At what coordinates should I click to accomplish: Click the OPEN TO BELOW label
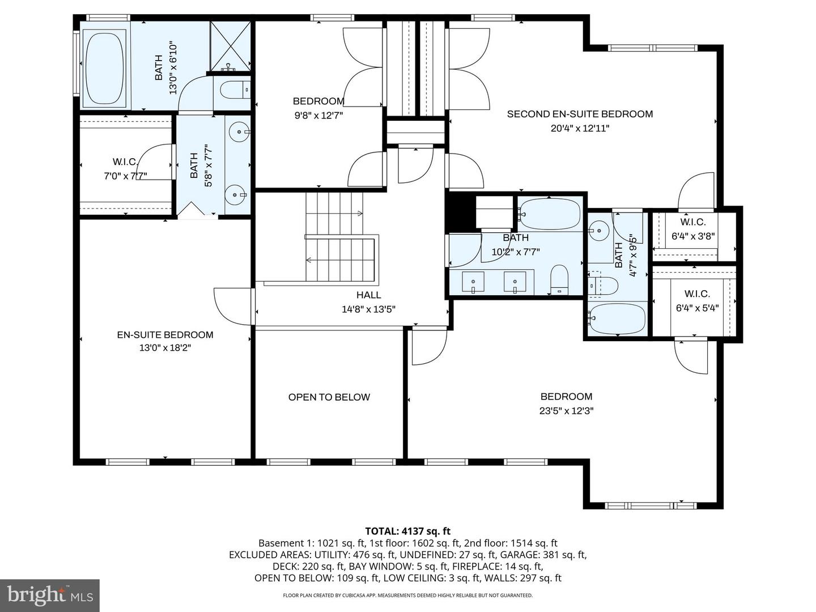click(329, 397)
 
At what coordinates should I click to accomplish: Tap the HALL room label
click(368, 295)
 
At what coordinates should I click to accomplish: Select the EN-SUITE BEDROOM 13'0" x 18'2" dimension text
click(165, 348)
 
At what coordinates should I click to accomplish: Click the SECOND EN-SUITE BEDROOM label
click(580, 114)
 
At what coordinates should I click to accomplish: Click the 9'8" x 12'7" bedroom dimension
click(318, 115)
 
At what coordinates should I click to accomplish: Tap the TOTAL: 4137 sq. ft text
click(407, 531)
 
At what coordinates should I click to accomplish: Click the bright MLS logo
click(50, 595)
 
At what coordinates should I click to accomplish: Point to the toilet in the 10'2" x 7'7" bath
click(559, 278)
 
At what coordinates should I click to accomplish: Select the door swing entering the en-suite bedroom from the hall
click(232, 306)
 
